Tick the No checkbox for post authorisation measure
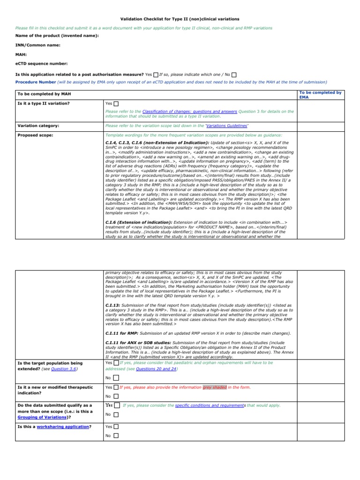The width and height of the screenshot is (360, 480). click(234, 75)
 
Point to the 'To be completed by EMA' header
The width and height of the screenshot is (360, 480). click(320, 95)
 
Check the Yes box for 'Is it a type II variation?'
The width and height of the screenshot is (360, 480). click(116, 104)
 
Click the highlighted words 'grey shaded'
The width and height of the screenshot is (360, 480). click(214, 388)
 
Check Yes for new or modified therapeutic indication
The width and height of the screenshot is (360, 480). click(116, 388)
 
